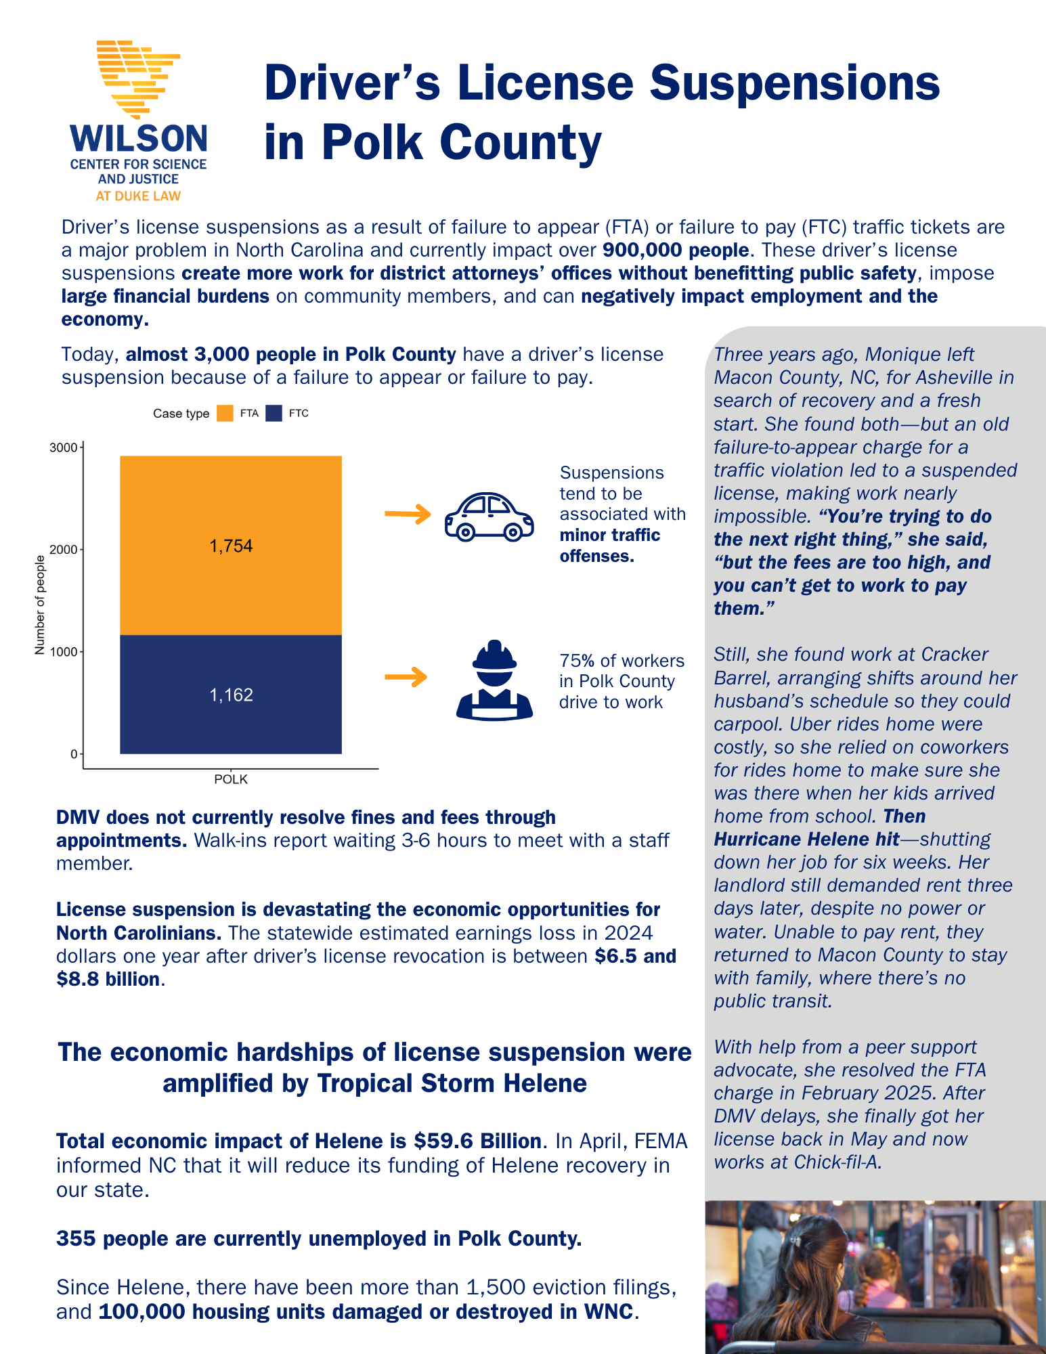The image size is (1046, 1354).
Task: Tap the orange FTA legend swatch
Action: [x=225, y=414]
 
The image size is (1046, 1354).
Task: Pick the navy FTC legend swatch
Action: [x=274, y=414]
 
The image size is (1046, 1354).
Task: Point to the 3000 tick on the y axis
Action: [x=64, y=447]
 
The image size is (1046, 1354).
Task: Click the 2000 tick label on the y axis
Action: [x=64, y=550]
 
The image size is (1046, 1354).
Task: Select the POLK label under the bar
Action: [x=231, y=779]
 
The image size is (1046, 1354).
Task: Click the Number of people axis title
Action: [x=40, y=605]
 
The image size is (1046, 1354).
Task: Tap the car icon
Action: [x=489, y=517]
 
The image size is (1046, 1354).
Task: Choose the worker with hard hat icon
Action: [x=494, y=680]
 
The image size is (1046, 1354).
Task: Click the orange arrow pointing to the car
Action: [x=408, y=515]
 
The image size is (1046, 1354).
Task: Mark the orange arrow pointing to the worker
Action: [x=406, y=677]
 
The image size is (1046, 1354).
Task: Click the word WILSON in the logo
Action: [x=139, y=139]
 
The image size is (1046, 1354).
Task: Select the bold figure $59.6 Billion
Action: [x=477, y=1141]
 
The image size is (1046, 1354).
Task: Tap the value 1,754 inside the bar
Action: [x=231, y=546]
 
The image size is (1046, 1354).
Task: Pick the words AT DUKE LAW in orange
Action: [x=138, y=196]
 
